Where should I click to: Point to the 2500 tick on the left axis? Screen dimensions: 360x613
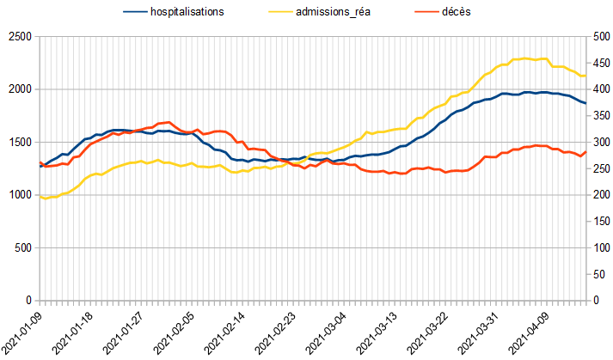(x=18, y=37)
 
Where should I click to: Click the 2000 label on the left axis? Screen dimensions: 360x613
(x=18, y=89)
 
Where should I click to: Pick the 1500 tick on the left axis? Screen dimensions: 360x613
(x=18, y=143)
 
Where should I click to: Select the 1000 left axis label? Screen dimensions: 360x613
(x=18, y=195)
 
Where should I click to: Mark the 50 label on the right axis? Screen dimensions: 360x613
(x=598, y=275)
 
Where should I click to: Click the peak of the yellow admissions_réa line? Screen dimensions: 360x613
(x=525, y=58)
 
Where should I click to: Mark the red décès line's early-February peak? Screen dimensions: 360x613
(x=169, y=122)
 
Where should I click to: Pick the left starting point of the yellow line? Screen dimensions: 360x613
(x=40, y=197)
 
